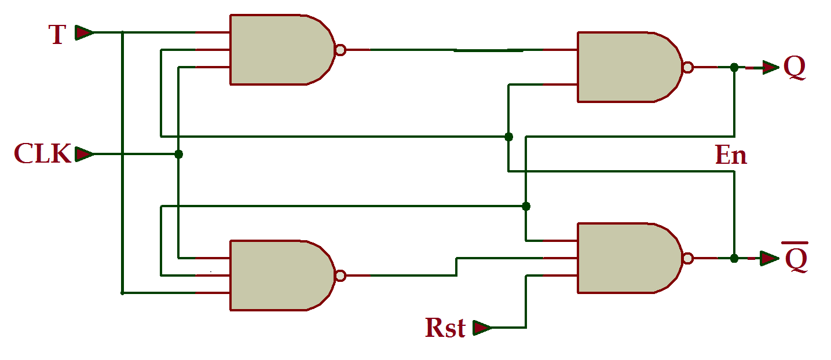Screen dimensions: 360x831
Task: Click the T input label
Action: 57,35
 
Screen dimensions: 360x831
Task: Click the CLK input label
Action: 43,154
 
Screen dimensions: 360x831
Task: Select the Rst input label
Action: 445,328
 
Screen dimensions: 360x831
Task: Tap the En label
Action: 731,156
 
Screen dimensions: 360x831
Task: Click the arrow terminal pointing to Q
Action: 770,68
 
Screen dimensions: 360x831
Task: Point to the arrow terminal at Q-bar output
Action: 770,258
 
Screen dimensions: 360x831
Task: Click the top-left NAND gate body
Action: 278,50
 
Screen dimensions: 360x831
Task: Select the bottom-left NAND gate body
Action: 278,275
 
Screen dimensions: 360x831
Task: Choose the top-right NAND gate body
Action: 625,67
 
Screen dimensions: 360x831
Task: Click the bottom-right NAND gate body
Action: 625,258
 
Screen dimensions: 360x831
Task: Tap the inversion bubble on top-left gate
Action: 341,50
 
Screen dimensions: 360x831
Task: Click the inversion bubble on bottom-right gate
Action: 687,258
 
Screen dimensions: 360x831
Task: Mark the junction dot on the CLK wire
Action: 178,155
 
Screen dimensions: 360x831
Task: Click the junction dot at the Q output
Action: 734,68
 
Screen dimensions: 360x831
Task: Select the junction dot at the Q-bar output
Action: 734,258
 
